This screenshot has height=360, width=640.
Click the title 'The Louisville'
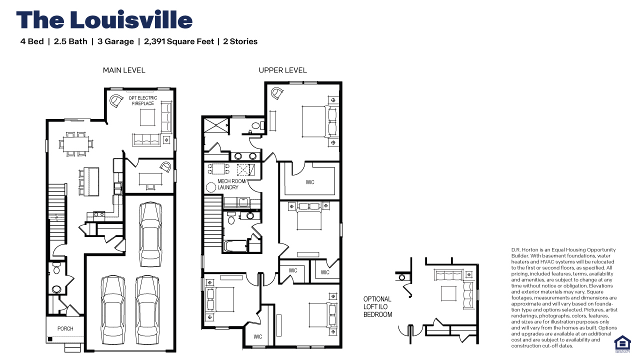tap(104, 20)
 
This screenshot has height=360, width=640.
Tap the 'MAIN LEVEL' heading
tap(124, 70)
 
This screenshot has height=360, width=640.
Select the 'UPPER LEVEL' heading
tap(282, 70)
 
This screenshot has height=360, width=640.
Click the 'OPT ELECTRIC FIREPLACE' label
tap(143, 101)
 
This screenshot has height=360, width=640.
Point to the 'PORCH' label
tap(65, 328)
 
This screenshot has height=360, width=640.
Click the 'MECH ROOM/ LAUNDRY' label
tap(231, 184)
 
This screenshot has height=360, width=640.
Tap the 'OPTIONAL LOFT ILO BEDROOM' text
tap(377, 307)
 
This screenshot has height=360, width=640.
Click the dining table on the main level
tap(75, 143)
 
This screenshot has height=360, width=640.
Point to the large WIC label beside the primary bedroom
tap(310, 182)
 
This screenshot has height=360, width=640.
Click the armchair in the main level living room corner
tap(116, 100)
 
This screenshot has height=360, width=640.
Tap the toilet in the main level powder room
tap(56, 270)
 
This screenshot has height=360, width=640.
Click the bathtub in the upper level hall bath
tap(235, 246)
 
